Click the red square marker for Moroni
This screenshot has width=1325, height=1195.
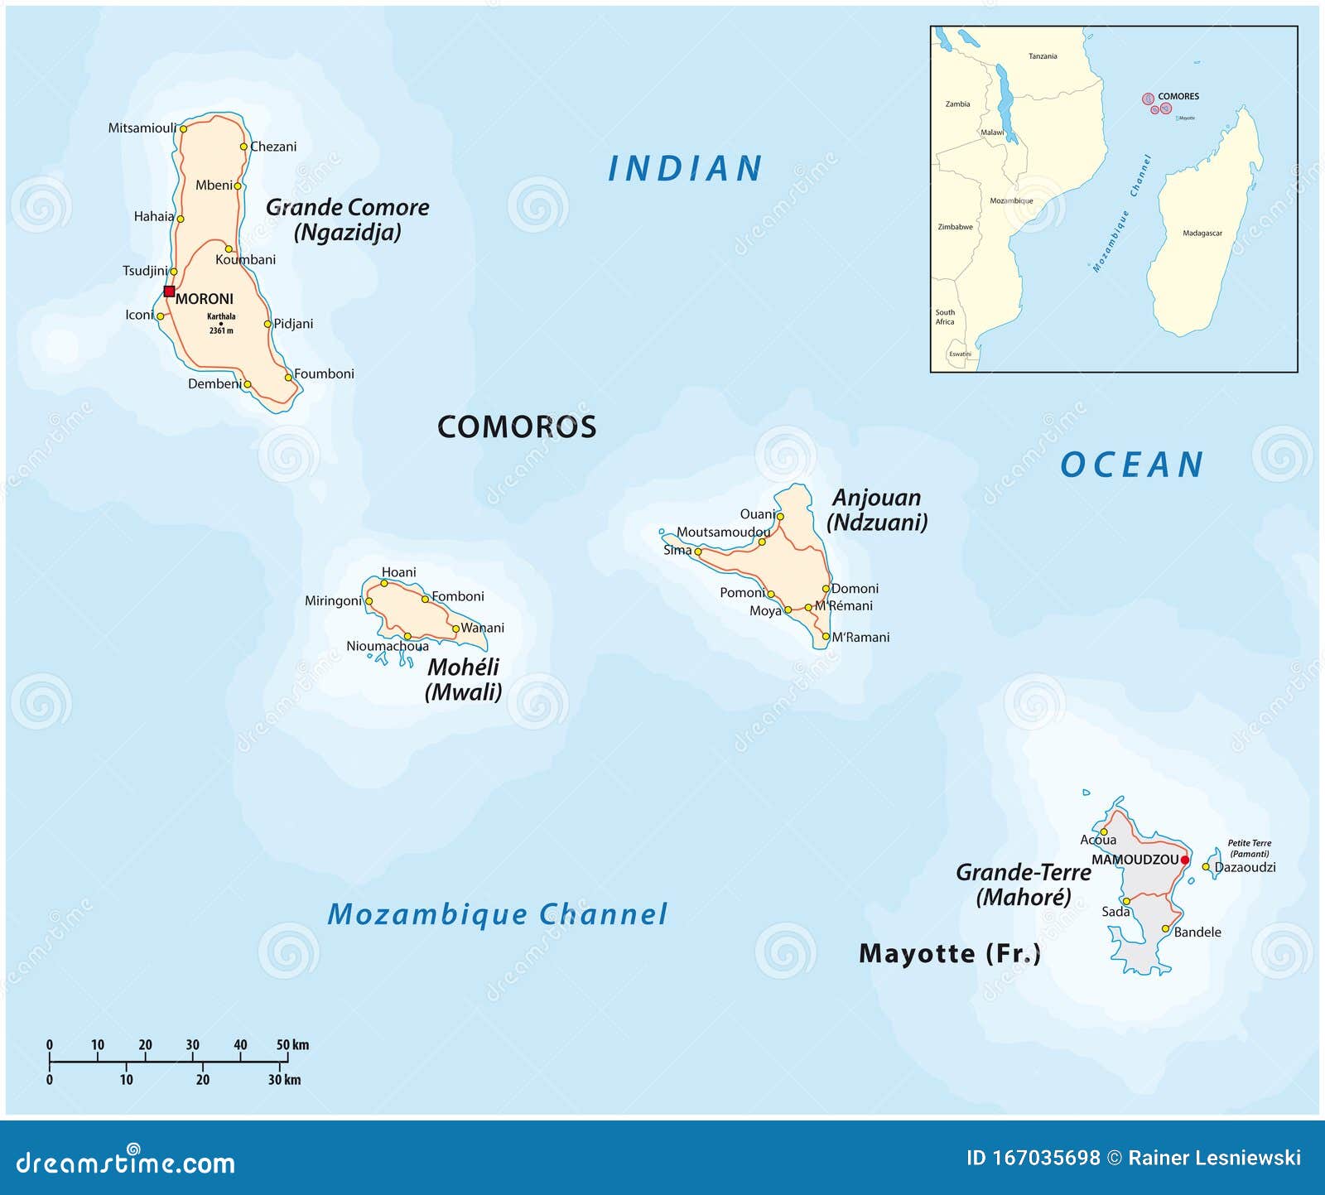click(x=169, y=292)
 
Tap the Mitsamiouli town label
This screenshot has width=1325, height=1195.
click(x=142, y=128)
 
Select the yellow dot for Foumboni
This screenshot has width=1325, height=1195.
click(x=288, y=377)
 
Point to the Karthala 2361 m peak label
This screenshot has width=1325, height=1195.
click(x=221, y=323)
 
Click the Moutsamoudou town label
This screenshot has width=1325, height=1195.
click(x=722, y=532)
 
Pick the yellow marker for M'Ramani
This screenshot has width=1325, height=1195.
click(x=826, y=637)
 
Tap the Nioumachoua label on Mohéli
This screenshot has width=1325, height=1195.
click(x=387, y=646)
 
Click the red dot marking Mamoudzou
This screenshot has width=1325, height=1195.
click(x=1185, y=860)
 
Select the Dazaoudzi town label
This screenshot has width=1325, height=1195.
click(x=1245, y=867)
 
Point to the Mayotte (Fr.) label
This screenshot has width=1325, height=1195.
click(x=949, y=953)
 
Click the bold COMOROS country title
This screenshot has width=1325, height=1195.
click(x=517, y=427)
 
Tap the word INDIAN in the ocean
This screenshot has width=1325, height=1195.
click(x=685, y=169)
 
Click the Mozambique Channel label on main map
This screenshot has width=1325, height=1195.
click(x=497, y=914)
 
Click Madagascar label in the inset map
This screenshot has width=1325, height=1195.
click(x=1202, y=234)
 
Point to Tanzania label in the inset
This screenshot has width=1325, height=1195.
click(x=1043, y=56)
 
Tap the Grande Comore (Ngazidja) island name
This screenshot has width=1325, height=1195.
click(x=347, y=219)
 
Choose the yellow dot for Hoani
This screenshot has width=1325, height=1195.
click(x=384, y=583)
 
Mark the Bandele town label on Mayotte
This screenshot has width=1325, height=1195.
click(x=1197, y=932)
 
